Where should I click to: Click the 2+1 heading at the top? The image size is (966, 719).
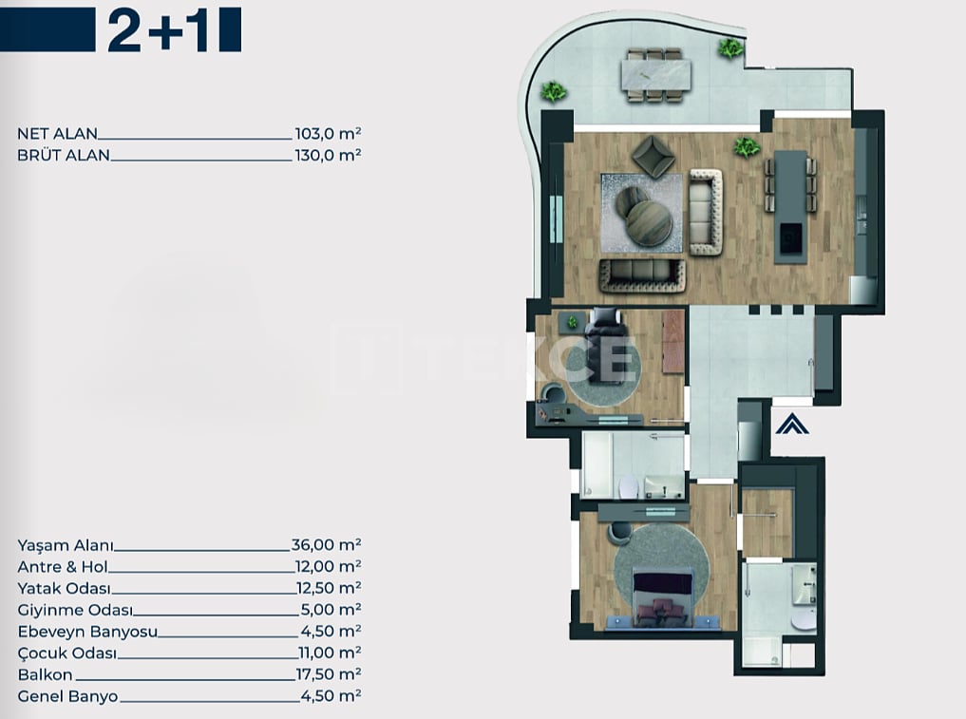click(x=159, y=30)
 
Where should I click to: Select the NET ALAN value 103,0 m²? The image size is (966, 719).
click(x=328, y=133)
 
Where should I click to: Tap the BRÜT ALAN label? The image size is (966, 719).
click(x=64, y=155)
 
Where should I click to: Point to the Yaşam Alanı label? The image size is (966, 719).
click(x=66, y=546)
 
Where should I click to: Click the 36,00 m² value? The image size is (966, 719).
click(x=327, y=544)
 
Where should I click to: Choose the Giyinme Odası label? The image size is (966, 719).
click(x=75, y=610)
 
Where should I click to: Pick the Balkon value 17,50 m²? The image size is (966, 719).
click(x=329, y=674)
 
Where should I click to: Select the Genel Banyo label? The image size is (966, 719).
click(x=67, y=696)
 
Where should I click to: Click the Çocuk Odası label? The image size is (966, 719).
click(x=67, y=653)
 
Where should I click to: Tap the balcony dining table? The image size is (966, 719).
click(x=655, y=74)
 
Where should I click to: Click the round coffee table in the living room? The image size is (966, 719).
click(x=649, y=223)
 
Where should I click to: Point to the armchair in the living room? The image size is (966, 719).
click(x=653, y=156)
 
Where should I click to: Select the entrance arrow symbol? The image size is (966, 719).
click(x=791, y=426)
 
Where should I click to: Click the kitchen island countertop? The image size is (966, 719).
click(x=790, y=207)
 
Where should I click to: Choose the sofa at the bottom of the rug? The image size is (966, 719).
click(x=642, y=275)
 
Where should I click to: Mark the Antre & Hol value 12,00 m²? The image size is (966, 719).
click(x=328, y=566)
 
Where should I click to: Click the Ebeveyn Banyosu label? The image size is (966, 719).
click(x=87, y=632)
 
